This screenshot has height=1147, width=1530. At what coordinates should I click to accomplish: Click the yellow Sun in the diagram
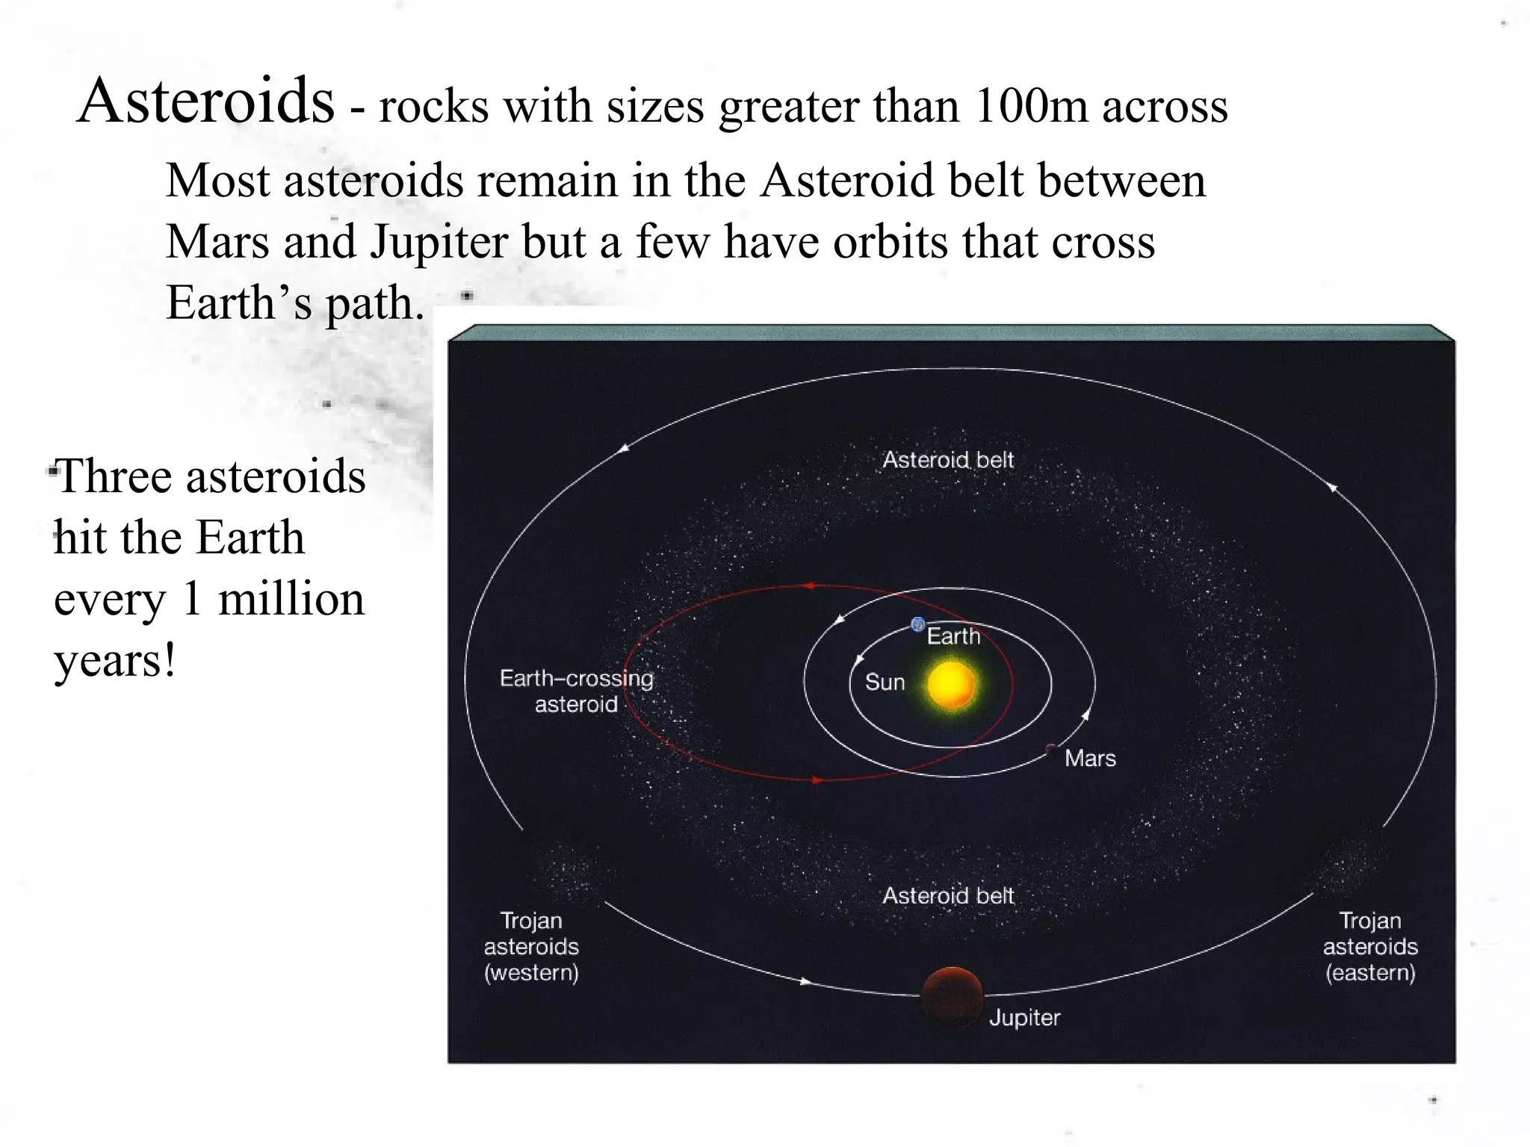point(950,684)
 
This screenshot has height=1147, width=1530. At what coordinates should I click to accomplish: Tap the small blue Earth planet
point(917,625)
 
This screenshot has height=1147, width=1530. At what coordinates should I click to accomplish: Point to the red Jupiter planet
point(951,996)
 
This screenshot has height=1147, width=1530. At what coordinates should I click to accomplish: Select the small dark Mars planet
point(1050,749)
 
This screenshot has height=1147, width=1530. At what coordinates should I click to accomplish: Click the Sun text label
point(885,682)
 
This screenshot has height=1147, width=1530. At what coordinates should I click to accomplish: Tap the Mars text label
point(1090,759)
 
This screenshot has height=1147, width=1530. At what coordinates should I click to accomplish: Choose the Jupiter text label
point(1024,1017)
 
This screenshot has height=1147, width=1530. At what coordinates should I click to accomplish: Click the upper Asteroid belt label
point(948,460)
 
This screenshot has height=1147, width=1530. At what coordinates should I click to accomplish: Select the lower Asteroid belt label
point(948,895)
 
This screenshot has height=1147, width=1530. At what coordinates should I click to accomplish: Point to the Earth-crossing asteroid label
point(576,691)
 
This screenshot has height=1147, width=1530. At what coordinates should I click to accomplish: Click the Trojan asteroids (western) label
point(531,946)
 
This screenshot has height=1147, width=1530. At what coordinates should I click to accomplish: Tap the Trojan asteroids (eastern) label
point(1370,946)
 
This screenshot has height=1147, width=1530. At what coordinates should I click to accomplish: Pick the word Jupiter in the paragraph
point(439,243)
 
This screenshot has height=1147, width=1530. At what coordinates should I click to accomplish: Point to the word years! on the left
point(115,660)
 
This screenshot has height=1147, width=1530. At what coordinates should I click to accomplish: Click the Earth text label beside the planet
point(953,636)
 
